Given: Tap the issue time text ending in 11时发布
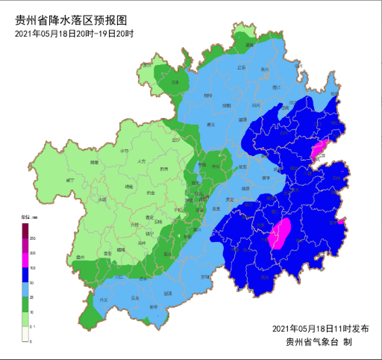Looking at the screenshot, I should [320, 329].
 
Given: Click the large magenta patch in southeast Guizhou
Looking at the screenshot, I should [279, 234].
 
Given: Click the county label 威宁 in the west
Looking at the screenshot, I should [70, 180].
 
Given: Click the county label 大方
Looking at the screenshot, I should [142, 161].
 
